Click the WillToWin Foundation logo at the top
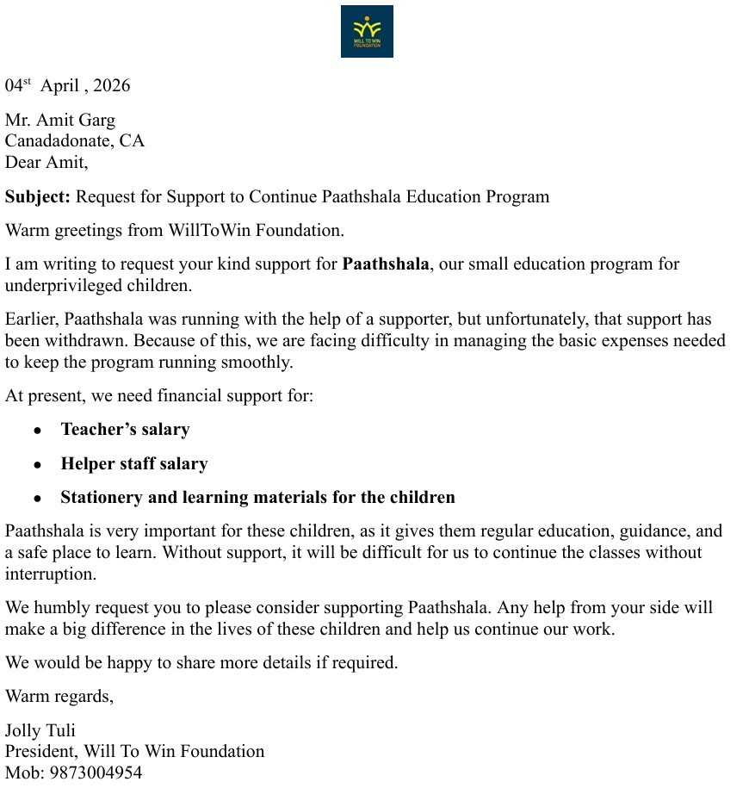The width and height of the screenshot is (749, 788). coord(367,32)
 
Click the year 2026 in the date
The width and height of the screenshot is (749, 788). coord(112,85)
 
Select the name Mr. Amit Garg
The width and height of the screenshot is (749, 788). coord(60,120)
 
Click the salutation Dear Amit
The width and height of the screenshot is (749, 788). coord(46,161)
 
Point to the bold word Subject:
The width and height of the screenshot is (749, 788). coord(38,196)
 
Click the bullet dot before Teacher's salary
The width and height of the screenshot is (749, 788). coord(37,430)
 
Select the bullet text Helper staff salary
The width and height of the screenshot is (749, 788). coord(133,463)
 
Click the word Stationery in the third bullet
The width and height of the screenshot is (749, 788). coord(100,497)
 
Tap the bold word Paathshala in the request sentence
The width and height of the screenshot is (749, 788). coord(385,264)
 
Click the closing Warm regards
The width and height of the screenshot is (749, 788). coord(59,696)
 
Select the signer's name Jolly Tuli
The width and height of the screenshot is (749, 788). coord(40,731)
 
